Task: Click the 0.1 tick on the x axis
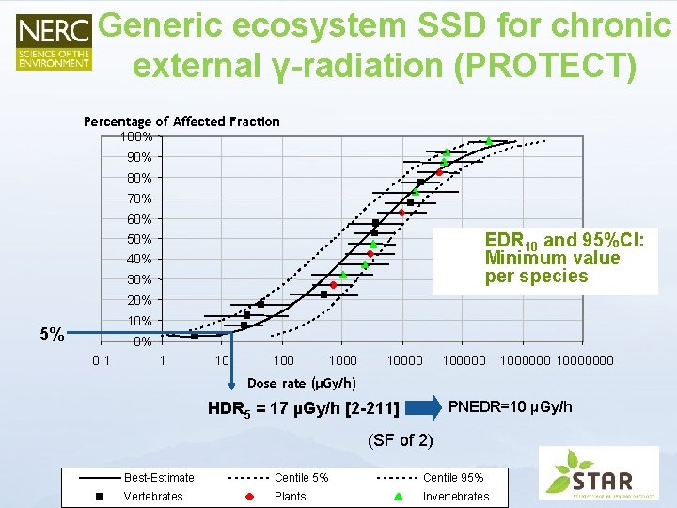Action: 102,359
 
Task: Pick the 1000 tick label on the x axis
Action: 342,359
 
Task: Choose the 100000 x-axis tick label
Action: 464,359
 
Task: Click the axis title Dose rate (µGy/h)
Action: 301,382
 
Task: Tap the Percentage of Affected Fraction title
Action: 181,121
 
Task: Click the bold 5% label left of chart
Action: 52,334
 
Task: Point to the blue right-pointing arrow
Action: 425,407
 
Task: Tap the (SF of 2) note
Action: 401,439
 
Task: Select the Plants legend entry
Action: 290,496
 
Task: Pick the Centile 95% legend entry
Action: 452,478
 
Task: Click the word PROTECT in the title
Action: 539,65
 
